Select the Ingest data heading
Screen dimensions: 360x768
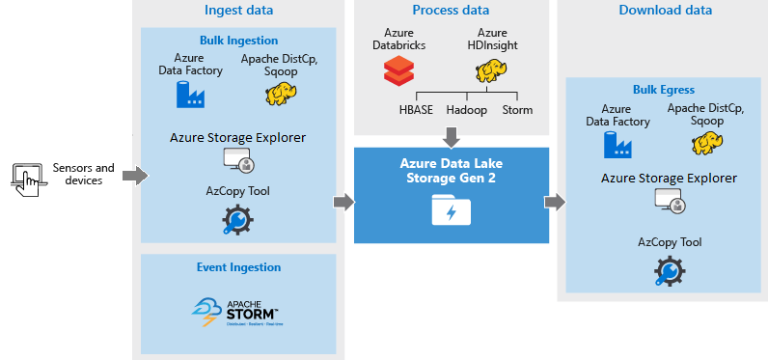(x=238, y=11)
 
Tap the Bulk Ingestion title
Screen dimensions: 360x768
(x=238, y=41)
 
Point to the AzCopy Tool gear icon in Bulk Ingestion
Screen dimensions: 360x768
(x=237, y=221)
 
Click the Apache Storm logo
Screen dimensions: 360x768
(x=237, y=309)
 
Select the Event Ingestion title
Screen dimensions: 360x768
(x=238, y=267)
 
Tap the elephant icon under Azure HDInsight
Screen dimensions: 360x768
(x=491, y=71)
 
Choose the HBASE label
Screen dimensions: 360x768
(x=417, y=110)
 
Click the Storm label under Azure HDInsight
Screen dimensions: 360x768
(x=517, y=110)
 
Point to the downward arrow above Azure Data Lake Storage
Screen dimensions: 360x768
(x=452, y=134)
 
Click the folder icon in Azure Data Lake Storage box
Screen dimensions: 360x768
(x=451, y=208)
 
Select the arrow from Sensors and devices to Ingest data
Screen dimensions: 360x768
(x=136, y=176)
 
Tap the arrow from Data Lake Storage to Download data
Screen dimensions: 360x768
(x=554, y=202)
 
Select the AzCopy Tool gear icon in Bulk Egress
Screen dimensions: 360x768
(x=669, y=270)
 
